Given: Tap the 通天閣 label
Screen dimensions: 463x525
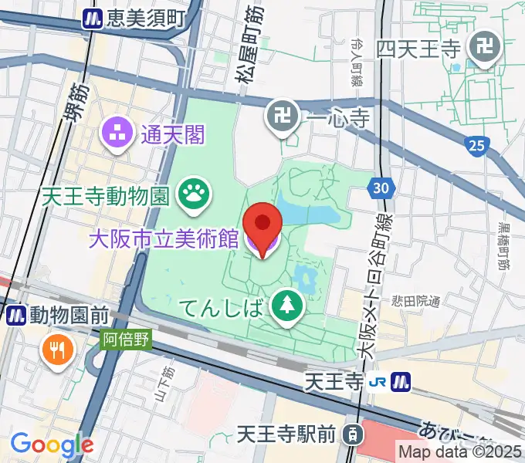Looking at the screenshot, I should (173, 136).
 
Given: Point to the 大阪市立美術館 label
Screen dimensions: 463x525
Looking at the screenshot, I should (164, 238).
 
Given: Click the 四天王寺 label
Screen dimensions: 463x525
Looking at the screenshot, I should (419, 49).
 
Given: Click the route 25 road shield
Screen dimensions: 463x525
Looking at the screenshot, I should (476, 144).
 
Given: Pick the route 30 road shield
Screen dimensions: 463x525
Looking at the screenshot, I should (382, 187).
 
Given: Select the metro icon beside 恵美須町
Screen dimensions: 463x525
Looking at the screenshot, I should (94, 17).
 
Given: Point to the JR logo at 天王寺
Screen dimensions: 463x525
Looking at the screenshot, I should (378, 380).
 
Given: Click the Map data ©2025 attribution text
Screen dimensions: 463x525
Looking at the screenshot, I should (459, 451).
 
